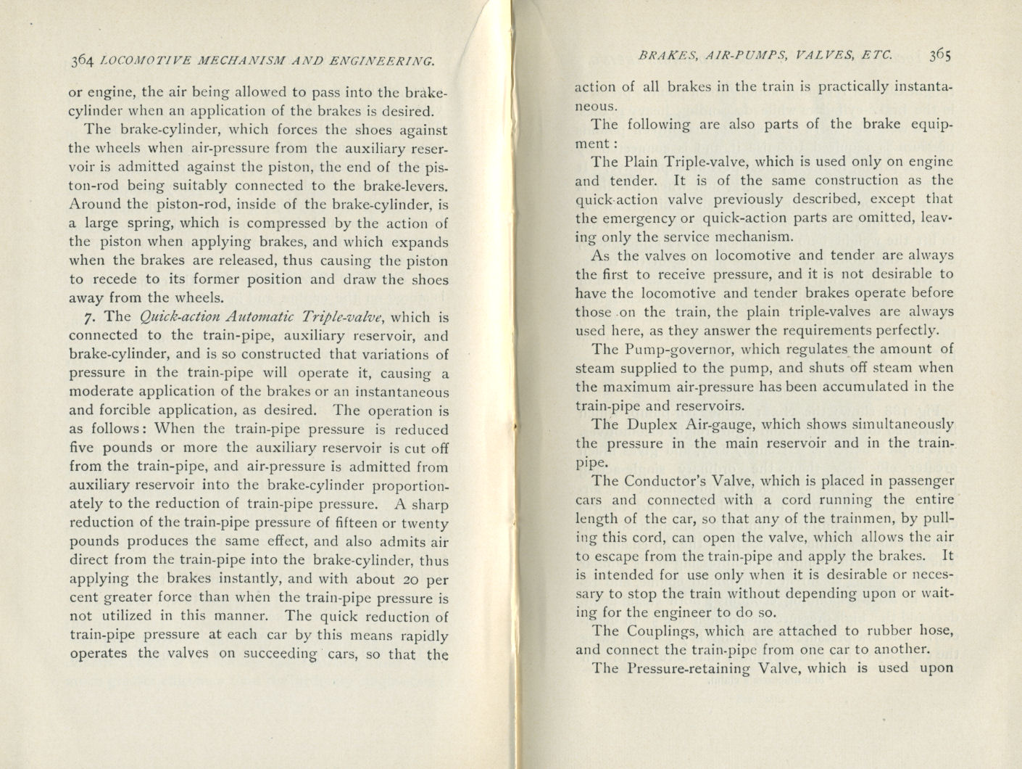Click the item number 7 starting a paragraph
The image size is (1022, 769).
point(88,317)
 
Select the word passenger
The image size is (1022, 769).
point(918,481)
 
